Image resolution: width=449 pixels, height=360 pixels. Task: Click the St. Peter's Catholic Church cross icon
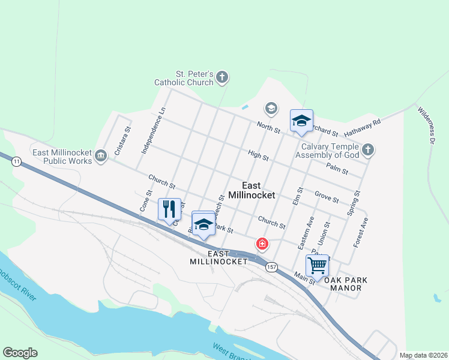222,77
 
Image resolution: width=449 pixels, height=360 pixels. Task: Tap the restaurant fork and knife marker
169,209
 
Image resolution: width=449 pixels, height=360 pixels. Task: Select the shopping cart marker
316,264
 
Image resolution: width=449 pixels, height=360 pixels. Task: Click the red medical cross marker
262,244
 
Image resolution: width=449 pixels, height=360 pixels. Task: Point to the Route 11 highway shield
16,161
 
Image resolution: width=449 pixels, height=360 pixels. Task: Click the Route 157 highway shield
272,266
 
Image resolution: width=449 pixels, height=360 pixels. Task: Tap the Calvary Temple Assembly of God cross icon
369,149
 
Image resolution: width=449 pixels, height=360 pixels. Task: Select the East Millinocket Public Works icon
101,155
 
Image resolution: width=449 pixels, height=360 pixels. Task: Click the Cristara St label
122,141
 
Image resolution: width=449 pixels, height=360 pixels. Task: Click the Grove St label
327,197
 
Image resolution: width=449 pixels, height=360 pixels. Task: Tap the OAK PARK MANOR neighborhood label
345,284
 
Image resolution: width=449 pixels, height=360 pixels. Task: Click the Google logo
20,353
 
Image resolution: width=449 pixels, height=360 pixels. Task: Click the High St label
258,155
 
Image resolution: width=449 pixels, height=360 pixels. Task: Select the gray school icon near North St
271,109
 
